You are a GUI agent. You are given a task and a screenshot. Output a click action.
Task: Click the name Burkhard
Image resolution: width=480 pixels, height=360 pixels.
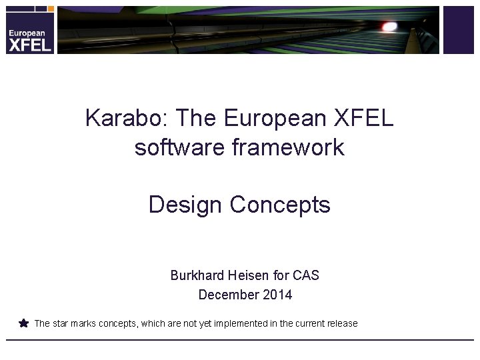(198, 275)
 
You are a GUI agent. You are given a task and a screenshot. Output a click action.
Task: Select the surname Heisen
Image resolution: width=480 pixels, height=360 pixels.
(253, 275)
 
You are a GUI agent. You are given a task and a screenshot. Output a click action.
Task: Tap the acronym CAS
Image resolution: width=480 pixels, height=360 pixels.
(305, 275)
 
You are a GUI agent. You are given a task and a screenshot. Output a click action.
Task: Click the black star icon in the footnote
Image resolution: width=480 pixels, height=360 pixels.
(24, 323)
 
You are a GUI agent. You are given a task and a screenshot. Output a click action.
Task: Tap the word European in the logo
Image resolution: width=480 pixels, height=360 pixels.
(27, 33)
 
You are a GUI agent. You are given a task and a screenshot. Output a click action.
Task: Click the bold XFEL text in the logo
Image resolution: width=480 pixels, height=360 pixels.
(29, 45)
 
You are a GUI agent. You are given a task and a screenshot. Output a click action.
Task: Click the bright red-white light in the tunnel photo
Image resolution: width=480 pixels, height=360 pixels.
(389, 26)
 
